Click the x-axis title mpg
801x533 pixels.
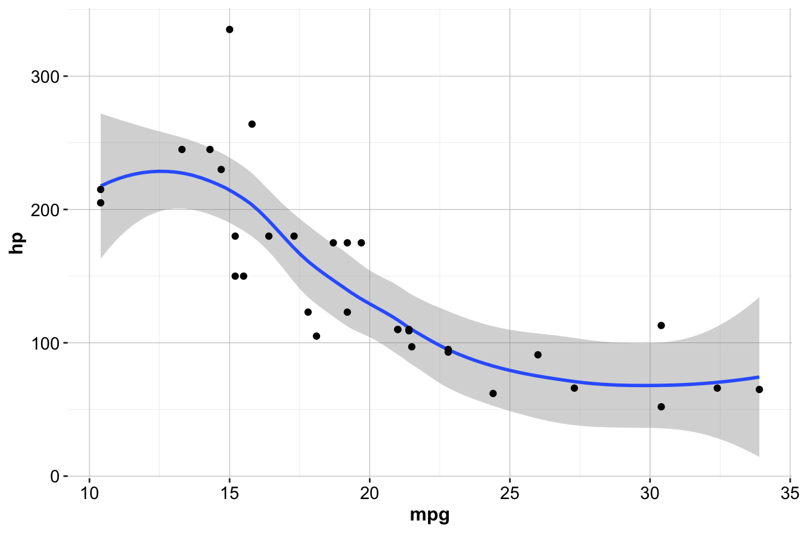[x=429, y=516]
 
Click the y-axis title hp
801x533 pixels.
[x=17, y=243]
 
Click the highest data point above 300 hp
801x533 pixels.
[x=229, y=29]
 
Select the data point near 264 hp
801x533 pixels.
[x=252, y=124]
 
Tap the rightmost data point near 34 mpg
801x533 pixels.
[x=759, y=389]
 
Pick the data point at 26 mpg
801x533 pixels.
[x=538, y=355]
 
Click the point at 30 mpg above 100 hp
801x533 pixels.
[x=661, y=325]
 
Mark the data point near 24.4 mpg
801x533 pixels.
[x=493, y=394]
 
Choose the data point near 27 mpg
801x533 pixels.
[x=574, y=388]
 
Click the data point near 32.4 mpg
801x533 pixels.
[x=717, y=388]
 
